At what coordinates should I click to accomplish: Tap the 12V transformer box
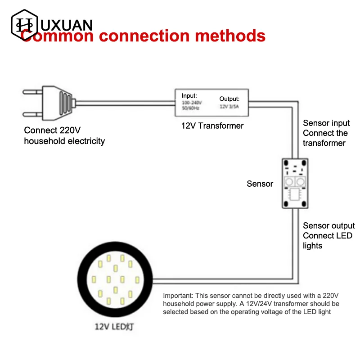click(x=212, y=102)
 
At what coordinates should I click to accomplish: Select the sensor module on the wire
click(x=295, y=184)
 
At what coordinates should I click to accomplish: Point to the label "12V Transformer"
click(x=212, y=126)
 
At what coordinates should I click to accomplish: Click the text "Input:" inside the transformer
click(x=189, y=95)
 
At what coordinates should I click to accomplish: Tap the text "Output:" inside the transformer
click(x=229, y=99)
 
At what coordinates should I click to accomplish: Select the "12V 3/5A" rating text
click(x=229, y=106)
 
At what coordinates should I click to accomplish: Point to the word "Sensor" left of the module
click(x=260, y=184)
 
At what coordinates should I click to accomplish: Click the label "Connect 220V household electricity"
click(x=64, y=136)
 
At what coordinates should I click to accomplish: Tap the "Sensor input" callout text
click(x=326, y=123)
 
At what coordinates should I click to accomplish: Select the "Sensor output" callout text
click(x=328, y=225)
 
